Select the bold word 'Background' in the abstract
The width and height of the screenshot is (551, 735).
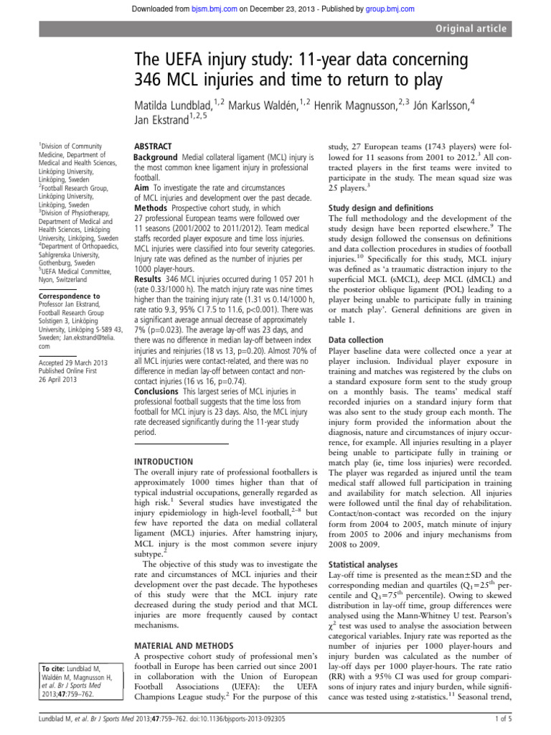156,157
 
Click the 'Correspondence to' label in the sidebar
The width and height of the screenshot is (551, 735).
70,296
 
